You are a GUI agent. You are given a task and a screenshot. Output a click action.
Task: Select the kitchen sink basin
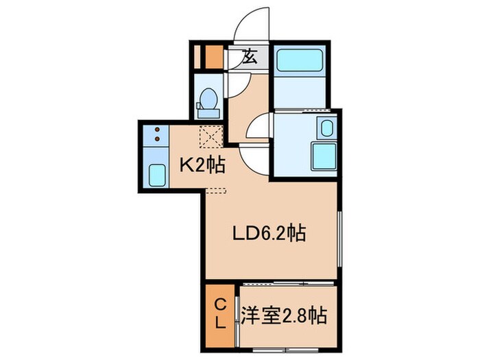(158, 177)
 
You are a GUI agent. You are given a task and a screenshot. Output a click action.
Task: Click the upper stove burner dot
(158, 130)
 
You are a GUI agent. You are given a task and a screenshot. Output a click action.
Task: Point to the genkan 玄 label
(250, 58)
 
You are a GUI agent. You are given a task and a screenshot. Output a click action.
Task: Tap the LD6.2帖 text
(267, 234)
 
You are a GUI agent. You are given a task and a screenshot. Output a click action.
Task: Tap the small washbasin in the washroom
(326, 128)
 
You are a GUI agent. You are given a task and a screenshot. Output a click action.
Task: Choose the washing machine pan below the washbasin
(322, 156)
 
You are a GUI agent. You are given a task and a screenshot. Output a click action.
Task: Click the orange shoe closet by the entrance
(213, 56)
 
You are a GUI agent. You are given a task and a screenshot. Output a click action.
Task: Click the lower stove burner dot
(158, 139)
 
